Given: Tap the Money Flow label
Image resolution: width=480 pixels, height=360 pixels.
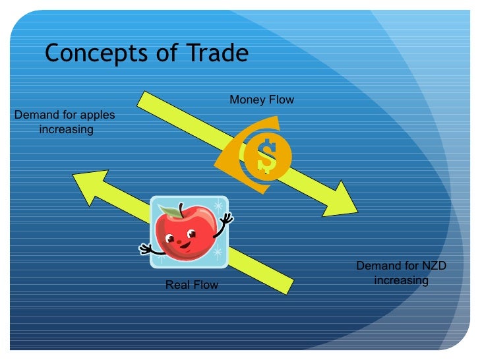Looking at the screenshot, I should pos(261,100).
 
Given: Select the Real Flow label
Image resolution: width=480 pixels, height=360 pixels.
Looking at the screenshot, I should pos(191,285).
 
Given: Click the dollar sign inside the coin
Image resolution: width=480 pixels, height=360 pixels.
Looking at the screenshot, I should pos(267,156).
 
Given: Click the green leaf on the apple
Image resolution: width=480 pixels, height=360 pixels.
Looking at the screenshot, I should pos(170,212).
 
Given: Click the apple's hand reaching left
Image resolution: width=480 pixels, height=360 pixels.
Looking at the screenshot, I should pos(144,249).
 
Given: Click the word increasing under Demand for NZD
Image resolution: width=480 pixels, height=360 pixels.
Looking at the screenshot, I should pos(401,280).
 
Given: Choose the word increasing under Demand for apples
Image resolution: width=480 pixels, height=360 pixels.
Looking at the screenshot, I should pos(66,129).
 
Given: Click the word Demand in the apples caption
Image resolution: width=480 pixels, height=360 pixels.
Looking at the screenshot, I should pos(36,115).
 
